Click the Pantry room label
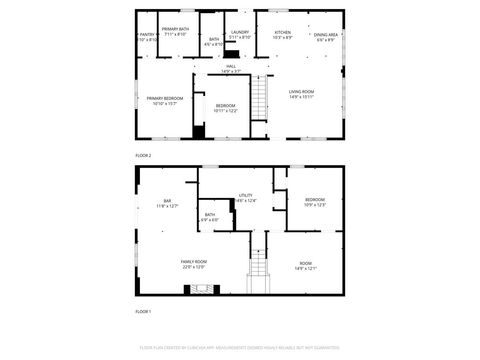coord(146,37)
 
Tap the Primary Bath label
coord(176,33)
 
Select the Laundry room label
coord(240,34)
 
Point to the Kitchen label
coord(283,35)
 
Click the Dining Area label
coord(326,36)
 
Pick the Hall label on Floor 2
coord(230,68)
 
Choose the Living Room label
coord(302,96)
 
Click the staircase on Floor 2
coord(260,99)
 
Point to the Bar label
coord(167,203)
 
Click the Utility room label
coord(246,197)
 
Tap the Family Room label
coord(193,264)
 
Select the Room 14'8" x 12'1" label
coord(305,266)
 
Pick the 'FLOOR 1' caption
coord(143,313)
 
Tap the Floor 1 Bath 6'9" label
coord(211,217)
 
